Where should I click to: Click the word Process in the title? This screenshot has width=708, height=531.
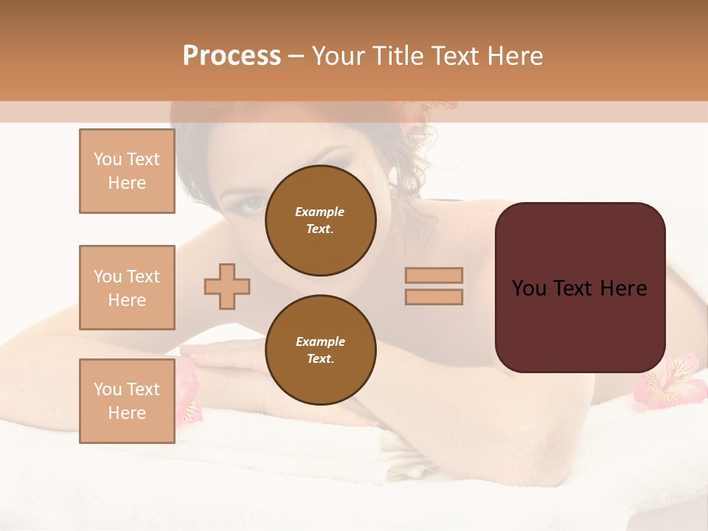click(232, 56)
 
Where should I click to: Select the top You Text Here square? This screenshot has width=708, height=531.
click(127, 171)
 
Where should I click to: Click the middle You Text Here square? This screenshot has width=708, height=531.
click(127, 288)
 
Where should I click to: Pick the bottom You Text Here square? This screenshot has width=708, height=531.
click(127, 400)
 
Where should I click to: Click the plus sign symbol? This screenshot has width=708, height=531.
click(227, 286)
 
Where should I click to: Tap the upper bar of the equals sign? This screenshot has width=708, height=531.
click(434, 275)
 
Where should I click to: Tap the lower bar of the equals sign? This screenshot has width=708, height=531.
click(434, 296)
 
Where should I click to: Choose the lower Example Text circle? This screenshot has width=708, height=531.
click(320, 350)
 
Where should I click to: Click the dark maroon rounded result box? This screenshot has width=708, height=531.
click(580, 288)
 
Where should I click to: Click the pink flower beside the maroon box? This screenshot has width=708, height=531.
click(670, 379)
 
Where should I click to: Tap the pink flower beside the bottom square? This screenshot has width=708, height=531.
click(187, 395)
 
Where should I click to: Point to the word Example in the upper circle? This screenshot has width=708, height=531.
click(320, 212)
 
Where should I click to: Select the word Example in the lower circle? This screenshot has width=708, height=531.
click(320, 341)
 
